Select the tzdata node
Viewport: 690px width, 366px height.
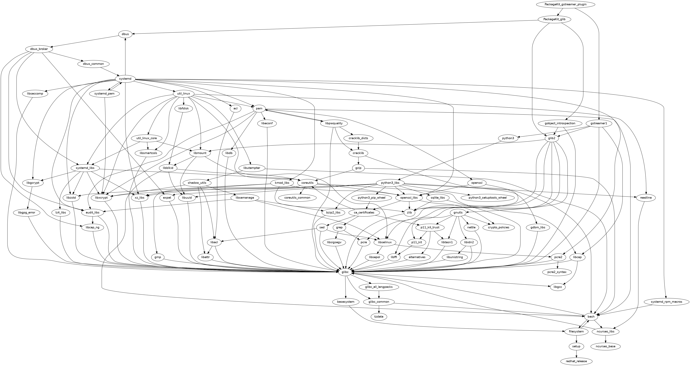379,316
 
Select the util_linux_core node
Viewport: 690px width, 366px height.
148,138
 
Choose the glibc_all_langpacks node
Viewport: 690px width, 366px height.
379,287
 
